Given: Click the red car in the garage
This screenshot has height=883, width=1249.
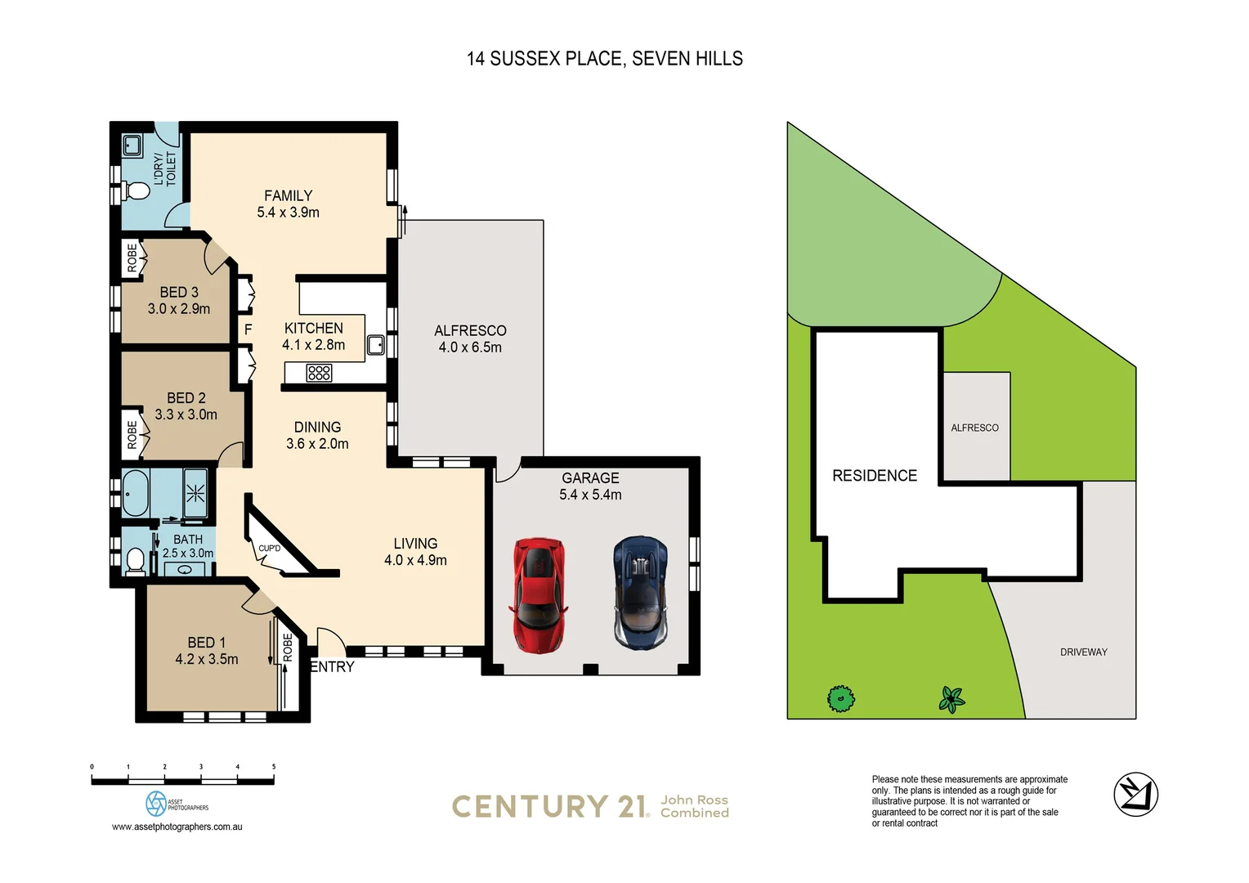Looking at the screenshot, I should point(538,595).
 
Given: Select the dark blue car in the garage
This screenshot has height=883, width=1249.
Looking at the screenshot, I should point(642,593).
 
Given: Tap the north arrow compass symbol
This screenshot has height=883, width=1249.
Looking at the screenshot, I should point(1135,794).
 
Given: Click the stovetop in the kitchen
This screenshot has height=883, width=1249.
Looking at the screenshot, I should point(319,374).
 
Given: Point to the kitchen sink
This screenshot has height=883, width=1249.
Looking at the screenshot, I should point(375,344).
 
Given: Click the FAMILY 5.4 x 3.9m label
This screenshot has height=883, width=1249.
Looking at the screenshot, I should point(288,204).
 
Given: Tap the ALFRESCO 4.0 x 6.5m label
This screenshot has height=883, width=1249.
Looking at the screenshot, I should point(470,338).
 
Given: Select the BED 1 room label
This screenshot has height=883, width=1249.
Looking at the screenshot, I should point(206,651).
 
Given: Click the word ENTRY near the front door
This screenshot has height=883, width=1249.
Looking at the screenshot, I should point(333,667).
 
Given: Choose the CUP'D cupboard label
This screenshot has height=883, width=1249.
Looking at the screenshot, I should point(269,549).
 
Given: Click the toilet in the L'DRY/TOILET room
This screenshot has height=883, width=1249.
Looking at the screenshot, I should point(137,191).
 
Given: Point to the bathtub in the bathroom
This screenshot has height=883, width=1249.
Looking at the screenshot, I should point(135,493).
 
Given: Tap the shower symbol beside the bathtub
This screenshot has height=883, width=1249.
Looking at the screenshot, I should point(195,493).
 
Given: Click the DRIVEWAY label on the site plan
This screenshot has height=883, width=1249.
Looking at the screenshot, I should point(1083,652).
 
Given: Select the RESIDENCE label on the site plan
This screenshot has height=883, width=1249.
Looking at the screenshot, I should point(874,476).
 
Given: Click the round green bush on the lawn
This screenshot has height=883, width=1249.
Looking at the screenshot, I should point(840,699).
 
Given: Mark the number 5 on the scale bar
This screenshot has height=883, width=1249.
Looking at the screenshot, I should point(274,767).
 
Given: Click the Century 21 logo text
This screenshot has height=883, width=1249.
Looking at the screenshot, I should point(549,807).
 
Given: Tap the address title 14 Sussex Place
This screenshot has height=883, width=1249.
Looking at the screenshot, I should point(604,59).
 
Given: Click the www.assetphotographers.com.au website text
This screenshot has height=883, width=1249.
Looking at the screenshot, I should point(177,827).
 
